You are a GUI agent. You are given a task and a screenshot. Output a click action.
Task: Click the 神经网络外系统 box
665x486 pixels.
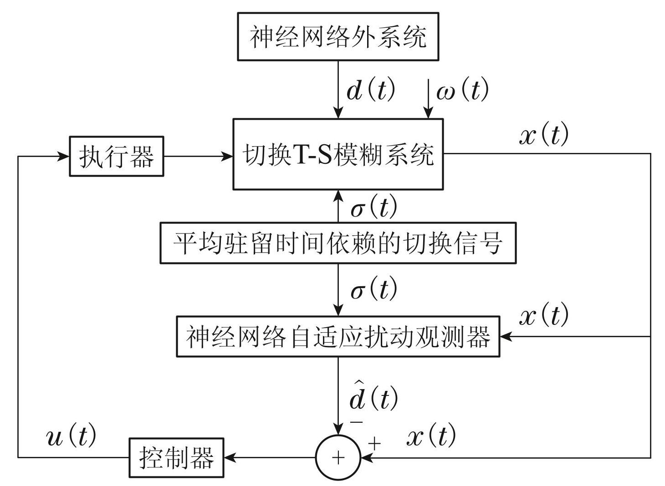coord(338,36)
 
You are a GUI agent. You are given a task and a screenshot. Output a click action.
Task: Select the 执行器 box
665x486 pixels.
coord(116,156)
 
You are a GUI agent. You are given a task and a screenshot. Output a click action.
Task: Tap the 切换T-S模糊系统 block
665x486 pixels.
coord(338,154)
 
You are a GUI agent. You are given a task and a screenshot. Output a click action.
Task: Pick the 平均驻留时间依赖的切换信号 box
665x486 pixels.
coord(338,243)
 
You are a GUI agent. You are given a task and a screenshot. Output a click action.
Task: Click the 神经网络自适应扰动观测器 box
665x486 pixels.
coord(338,336)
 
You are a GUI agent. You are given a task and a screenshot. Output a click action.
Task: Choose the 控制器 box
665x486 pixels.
coord(176,458)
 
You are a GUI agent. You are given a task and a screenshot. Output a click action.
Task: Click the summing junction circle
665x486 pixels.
coord(338,457)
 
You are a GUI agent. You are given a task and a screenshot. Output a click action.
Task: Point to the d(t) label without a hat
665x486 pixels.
coord(370,91)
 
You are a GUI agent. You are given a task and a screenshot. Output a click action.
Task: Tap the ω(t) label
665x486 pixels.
coord(462,90)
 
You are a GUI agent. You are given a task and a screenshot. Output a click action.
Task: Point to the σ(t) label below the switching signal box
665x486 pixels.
coord(373,289)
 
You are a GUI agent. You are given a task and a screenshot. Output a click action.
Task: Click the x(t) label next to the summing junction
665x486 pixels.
coord(430,436)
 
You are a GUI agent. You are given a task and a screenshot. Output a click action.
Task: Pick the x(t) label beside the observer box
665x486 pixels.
coord(544,315)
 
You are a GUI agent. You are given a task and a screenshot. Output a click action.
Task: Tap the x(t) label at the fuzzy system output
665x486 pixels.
coord(544,135)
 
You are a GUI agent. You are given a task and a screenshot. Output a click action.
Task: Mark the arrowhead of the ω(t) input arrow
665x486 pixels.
coord(428,113)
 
